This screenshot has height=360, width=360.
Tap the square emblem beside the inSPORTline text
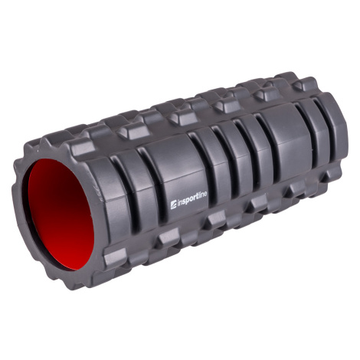(x=173, y=205)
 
